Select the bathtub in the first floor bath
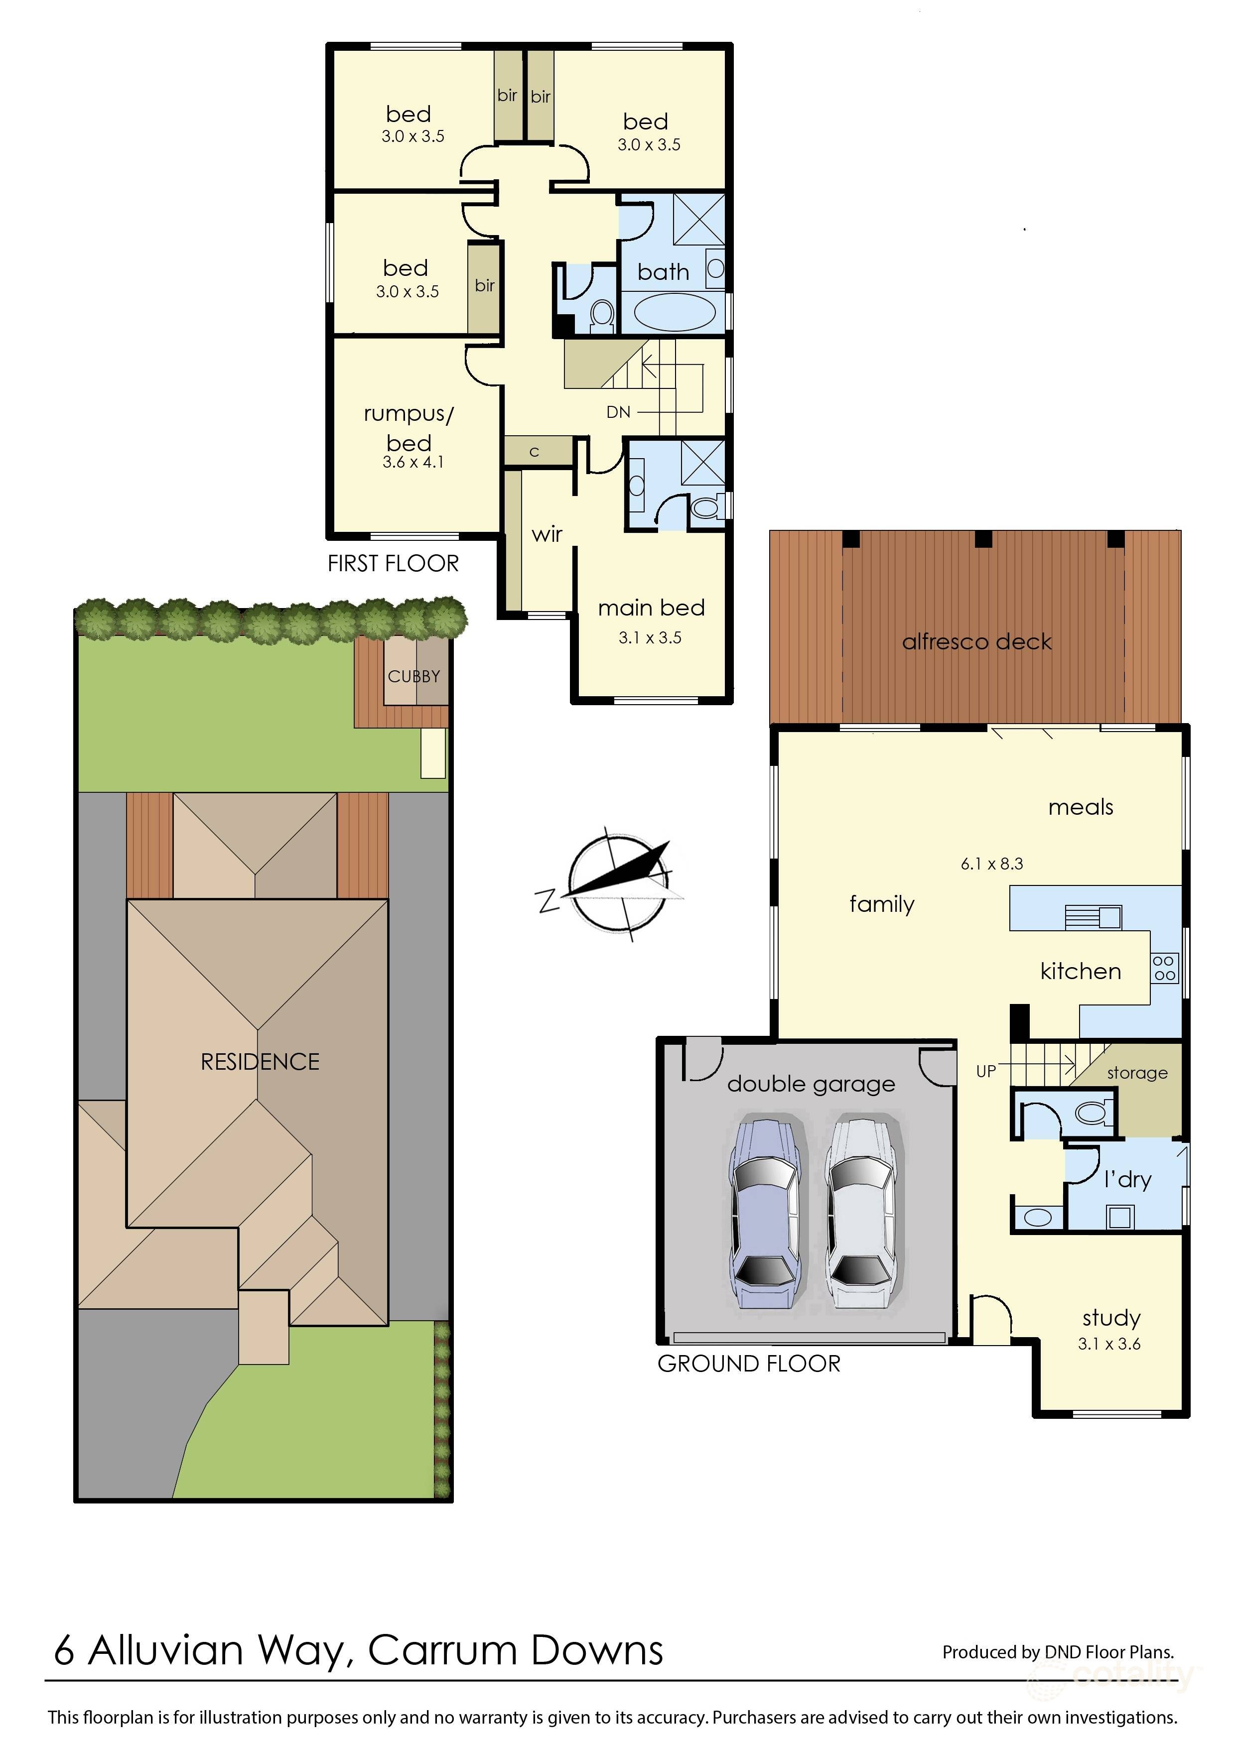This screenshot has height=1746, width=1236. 675,312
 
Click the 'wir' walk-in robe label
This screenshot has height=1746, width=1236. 547,534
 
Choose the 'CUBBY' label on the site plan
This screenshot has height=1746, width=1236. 414,676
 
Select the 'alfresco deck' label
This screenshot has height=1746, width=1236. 976,641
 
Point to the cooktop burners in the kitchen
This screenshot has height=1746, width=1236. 1164,969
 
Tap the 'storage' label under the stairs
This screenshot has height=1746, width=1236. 1137,1073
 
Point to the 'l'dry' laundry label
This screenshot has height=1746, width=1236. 1127,1179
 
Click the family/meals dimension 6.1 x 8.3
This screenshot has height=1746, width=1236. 992,864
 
